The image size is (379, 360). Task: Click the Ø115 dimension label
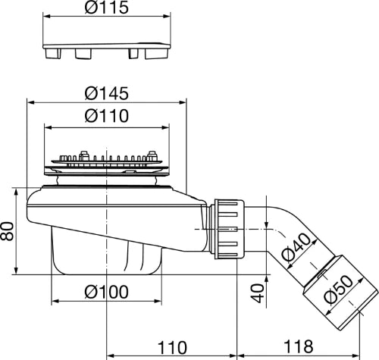[x=107, y=8]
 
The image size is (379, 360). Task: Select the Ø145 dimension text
[x=107, y=93]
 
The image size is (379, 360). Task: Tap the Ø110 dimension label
[x=107, y=116]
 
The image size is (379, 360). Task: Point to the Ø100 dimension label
[x=107, y=292]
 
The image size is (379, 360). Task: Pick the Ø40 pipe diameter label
[x=296, y=247]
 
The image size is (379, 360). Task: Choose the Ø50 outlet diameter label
[x=338, y=289]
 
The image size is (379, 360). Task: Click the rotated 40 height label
[x=258, y=293]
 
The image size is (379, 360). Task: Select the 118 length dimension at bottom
[x=299, y=346]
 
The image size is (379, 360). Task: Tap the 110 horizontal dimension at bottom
[x=172, y=348]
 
